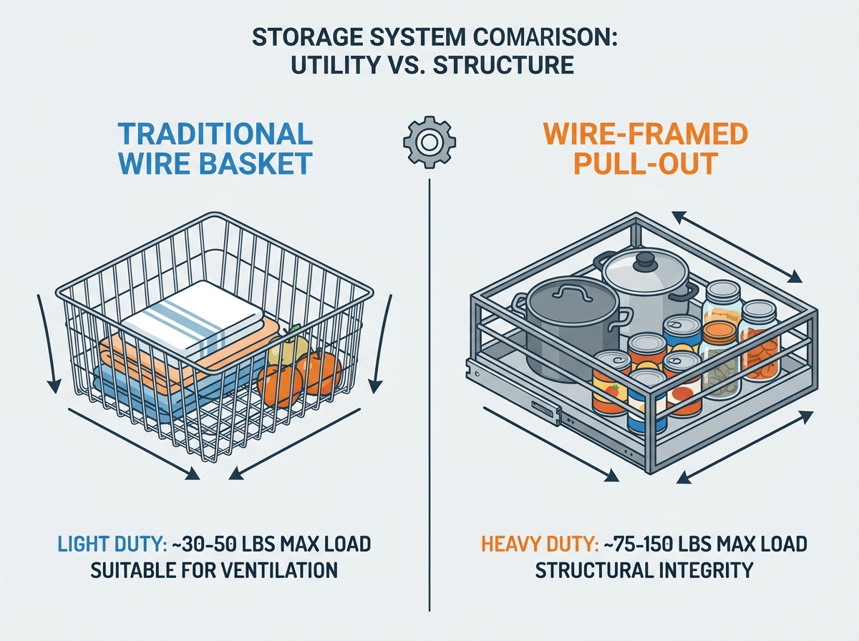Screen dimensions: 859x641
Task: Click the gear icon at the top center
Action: coord(429,142)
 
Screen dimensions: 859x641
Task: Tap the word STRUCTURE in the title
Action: coord(503,65)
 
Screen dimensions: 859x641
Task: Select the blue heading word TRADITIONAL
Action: coord(215,134)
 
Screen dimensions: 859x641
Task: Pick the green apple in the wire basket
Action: coord(288,347)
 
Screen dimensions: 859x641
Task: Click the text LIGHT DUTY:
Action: coord(112,544)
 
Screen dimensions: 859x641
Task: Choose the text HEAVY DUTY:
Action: coord(540,544)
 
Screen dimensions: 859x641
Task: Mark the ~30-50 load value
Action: coord(203,544)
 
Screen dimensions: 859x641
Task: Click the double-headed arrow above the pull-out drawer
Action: coord(737,246)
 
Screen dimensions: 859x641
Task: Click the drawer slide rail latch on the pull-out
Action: coord(546,408)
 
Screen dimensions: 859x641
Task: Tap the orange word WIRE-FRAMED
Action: coord(646,134)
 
